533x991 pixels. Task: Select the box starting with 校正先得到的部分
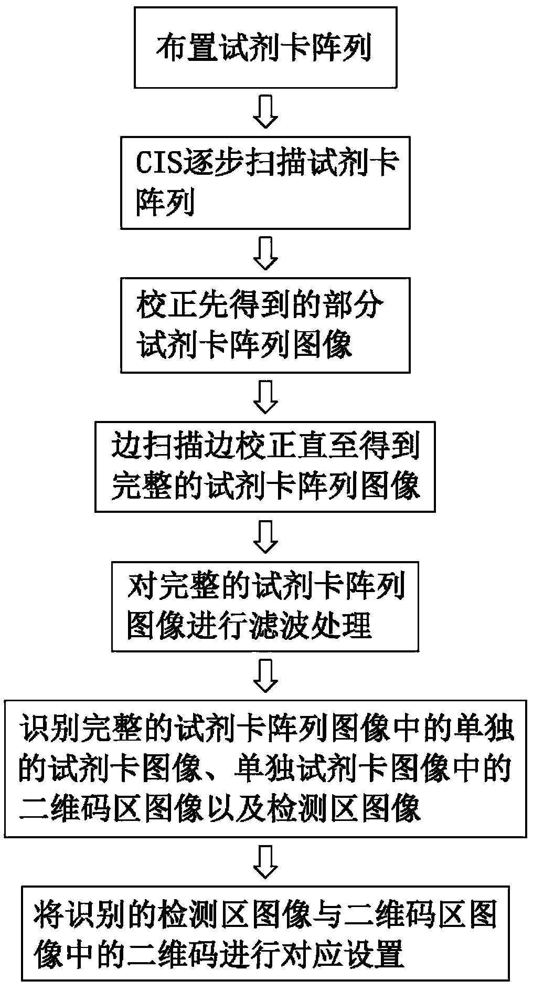point(265,325)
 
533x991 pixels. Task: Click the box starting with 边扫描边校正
point(265,467)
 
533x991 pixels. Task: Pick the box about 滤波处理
point(265,606)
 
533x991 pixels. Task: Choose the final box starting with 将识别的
point(265,932)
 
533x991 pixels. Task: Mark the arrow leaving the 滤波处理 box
point(266,677)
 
